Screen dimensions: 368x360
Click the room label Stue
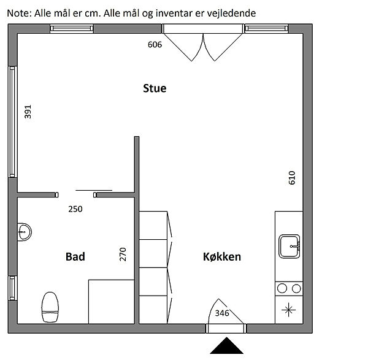pyautogui.click(x=155, y=88)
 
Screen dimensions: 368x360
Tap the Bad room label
pyautogui.click(x=75, y=256)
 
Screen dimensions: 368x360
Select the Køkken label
pyautogui.click(x=222, y=256)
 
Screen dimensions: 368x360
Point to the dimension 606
pyautogui.click(x=155, y=44)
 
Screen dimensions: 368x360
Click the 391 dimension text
pyautogui.click(x=28, y=112)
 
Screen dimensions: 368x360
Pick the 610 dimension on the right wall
pyautogui.click(x=292, y=178)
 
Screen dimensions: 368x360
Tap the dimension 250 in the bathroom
pyautogui.click(x=75, y=209)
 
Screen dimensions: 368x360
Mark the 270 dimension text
pyautogui.click(x=123, y=254)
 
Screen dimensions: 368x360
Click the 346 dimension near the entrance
pyautogui.click(x=222, y=313)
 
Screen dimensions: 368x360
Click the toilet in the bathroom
pyautogui.click(x=50, y=307)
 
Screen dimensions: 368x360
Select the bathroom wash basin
pyautogui.click(x=24, y=232)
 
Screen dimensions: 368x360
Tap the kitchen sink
pyautogui.click(x=289, y=246)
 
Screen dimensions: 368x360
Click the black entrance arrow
pyautogui.click(x=226, y=345)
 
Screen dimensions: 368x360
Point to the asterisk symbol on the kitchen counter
pyautogui.click(x=289, y=310)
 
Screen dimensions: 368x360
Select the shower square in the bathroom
pyautogui.click(x=111, y=302)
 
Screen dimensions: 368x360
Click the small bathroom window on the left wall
pyautogui.click(x=13, y=288)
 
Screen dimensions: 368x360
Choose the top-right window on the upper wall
pyautogui.click(x=266, y=29)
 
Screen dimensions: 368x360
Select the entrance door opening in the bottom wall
pyautogui.click(x=226, y=329)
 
